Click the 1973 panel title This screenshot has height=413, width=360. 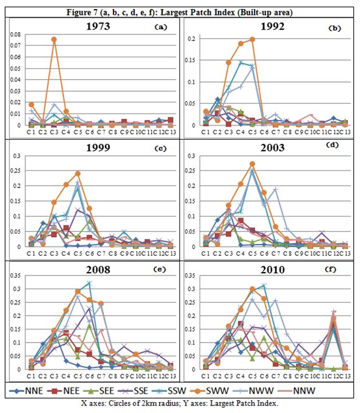pos(95,26)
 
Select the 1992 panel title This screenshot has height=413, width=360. pos(268,26)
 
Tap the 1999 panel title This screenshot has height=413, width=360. pos(95,147)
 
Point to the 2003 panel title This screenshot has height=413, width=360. pos(268,147)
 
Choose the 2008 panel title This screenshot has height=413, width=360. pos(95,269)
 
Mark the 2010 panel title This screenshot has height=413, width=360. pos(268,269)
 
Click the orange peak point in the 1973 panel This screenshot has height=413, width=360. pos(53,40)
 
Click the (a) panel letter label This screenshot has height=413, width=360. pos(161,26)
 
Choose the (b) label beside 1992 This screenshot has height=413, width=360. pos(334,27)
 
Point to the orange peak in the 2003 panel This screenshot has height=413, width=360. pos(251,164)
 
